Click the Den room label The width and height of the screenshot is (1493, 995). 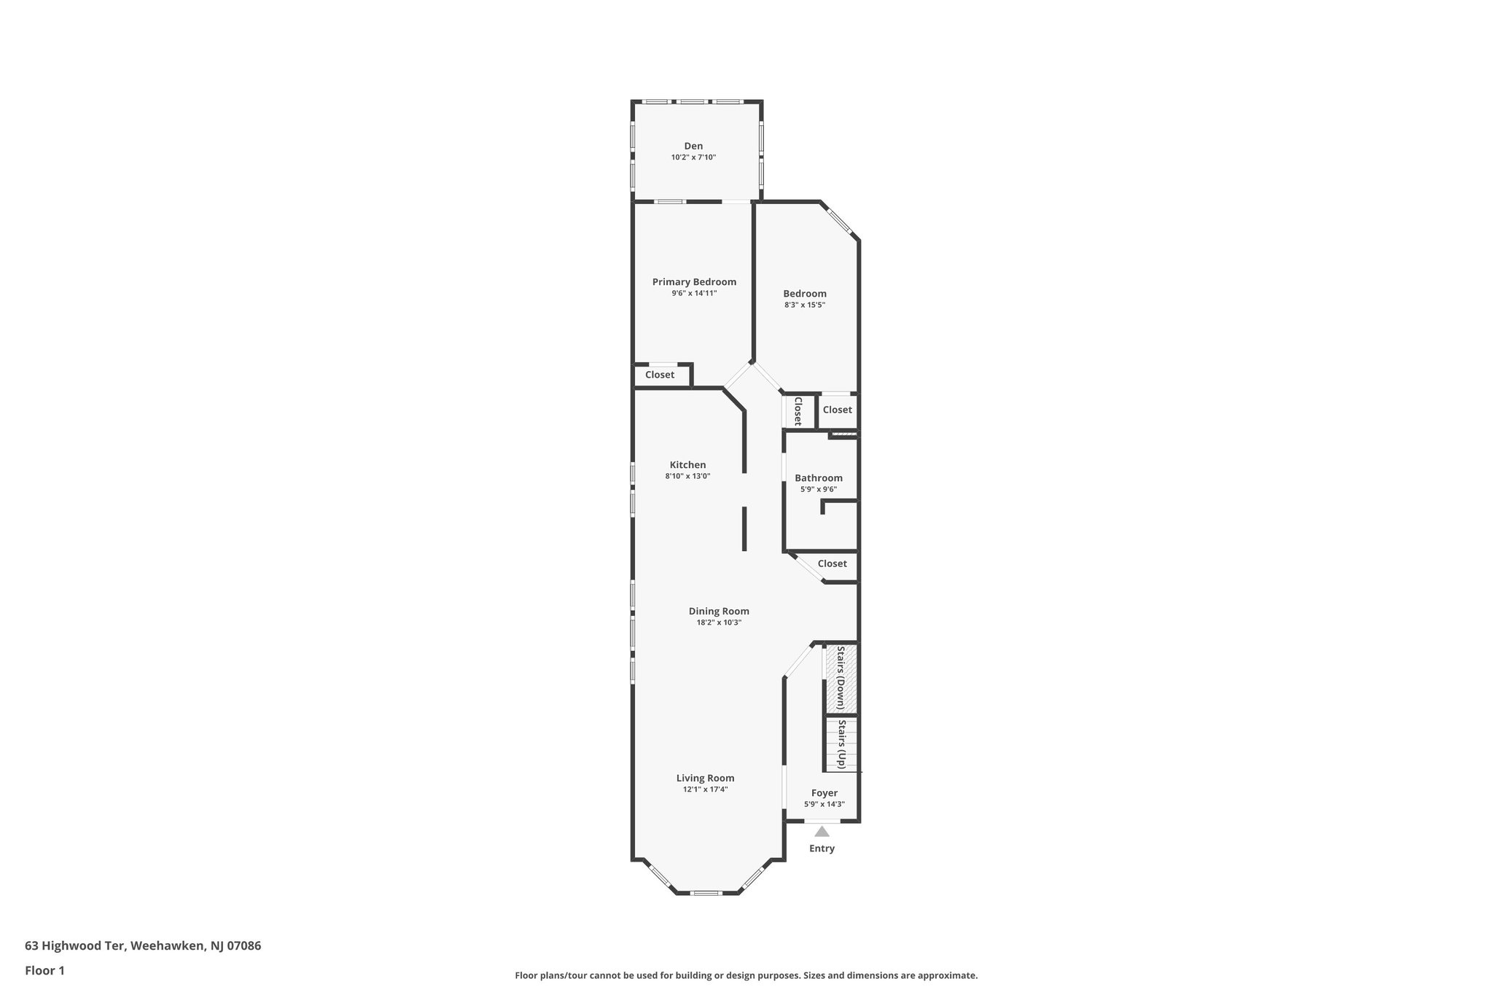click(693, 146)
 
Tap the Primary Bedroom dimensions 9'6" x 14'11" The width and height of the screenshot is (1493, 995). click(694, 293)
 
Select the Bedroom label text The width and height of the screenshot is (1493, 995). click(805, 294)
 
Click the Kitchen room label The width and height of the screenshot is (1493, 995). click(687, 465)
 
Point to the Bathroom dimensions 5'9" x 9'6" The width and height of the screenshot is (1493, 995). click(818, 490)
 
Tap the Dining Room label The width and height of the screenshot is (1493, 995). click(719, 612)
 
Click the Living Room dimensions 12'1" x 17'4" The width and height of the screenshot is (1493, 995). click(705, 789)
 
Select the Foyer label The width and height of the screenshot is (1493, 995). click(825, 793)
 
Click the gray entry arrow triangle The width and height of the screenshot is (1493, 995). click(822, 832)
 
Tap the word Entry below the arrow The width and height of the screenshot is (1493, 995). click(822, 848)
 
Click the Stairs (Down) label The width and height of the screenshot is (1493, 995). click(841, 678)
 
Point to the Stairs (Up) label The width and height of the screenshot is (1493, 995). click(841, 744)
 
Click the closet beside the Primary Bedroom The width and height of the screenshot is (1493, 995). click(660, 375)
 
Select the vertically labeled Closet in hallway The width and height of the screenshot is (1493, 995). click(798, 411)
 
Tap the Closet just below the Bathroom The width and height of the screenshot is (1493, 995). click(832, 563)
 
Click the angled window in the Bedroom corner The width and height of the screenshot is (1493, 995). click(839, 222)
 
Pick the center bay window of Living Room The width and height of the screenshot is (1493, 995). click(705, 893)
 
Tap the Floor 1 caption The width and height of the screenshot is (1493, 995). click(44, 970)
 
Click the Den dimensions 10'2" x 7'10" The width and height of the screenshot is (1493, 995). click(693, 157)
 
